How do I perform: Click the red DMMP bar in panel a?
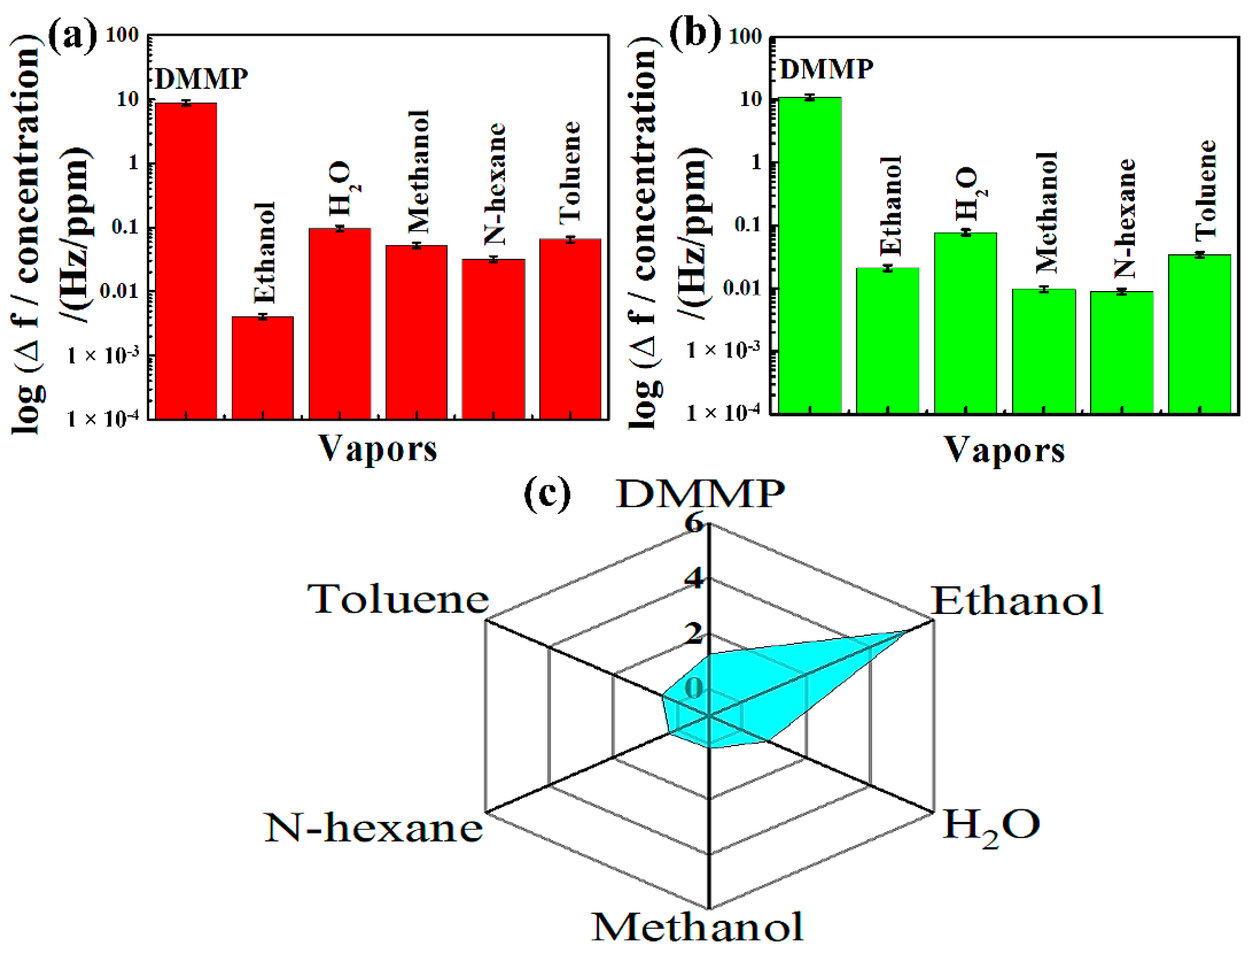tap(186, 261)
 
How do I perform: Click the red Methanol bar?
tap(416, 332)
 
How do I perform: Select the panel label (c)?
tap(547, 494)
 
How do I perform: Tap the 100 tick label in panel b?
tap(744, 37)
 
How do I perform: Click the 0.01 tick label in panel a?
tap(119, 291)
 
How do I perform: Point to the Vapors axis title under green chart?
tap(1004, 451)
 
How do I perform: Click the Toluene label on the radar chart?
tap(398, 600)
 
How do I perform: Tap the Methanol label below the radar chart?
tap(698, 928)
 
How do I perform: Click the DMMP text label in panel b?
tap(826, 69)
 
